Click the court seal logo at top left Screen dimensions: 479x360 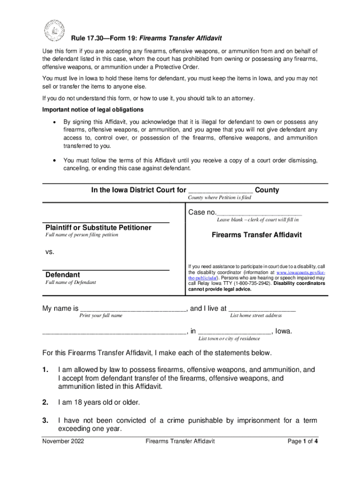pos(53,30)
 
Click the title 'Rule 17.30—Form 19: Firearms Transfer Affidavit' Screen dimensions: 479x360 pos(146,38)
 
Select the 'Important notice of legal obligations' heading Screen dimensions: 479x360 pos(93,110)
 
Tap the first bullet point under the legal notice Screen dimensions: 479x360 pos(56,122)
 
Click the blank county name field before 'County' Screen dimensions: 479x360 pos(220,190)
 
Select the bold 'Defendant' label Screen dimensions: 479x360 pos(62,275)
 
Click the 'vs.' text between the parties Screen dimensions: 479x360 pos(50,252)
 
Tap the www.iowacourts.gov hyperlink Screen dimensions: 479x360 pos(300,272)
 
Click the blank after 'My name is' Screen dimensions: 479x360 pos(133,309)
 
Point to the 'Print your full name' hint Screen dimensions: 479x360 pos(101,316)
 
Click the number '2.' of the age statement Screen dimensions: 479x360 pos(46,402)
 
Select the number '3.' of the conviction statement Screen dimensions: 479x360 pos(46,421)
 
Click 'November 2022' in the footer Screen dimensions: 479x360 pos(63,441)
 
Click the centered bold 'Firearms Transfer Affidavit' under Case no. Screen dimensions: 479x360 pos(257,235)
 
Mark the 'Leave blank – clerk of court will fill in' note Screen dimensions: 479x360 pos(258,219)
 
